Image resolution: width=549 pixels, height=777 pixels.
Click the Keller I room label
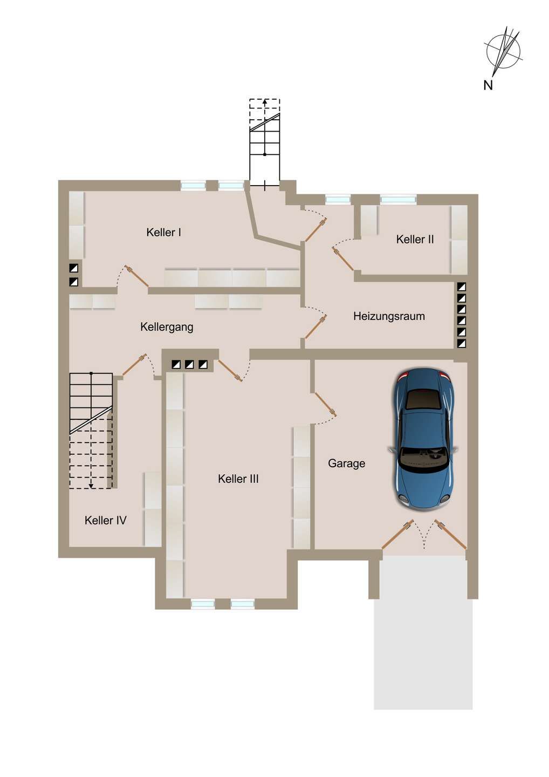pos(163,233)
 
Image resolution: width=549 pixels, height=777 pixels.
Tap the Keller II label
pos(415,240)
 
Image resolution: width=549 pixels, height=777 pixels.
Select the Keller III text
pos(238,479)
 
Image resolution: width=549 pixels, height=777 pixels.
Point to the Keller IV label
pos(106,521)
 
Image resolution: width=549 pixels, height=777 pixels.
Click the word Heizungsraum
pos(389,317)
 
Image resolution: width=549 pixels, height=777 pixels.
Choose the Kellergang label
pos(167,327)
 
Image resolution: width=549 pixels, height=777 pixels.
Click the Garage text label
pos(346,464)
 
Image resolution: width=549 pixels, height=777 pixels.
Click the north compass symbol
pos(503,51)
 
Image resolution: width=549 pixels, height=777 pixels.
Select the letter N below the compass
pos(488,85)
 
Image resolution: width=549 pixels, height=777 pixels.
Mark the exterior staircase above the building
pos(265,143)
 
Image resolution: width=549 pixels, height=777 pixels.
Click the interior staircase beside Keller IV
pos(91,430)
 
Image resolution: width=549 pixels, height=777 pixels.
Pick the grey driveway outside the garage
pos(423,631)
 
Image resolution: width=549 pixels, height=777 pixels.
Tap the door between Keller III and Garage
pos(325,405)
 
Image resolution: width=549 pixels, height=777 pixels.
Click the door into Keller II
pos(343,258)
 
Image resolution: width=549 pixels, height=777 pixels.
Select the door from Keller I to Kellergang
pos(136,276)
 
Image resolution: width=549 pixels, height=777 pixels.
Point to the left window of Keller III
pos(203,604)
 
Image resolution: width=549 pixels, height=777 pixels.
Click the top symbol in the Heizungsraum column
pos(461,287)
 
